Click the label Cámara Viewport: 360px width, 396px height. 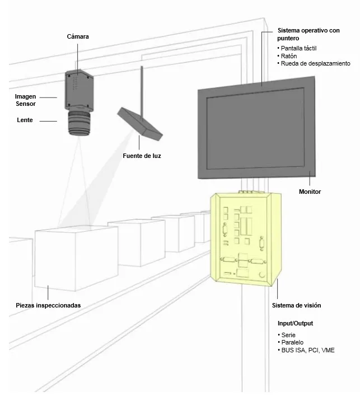pos(77,36)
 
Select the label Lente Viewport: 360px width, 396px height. pos(25,120)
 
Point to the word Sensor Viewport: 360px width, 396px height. pos(25,104)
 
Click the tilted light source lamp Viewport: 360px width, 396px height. pos(140,123)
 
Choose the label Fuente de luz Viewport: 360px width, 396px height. pos(142,155)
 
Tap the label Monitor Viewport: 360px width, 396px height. pos(310,192)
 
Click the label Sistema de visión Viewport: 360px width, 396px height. pos(296,305)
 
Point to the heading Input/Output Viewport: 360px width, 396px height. pos(295,324)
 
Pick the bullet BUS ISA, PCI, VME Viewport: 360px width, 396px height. pos(307,350)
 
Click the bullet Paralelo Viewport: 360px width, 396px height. pos(293,342)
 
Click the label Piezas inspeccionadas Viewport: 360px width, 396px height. pos(49,305)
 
